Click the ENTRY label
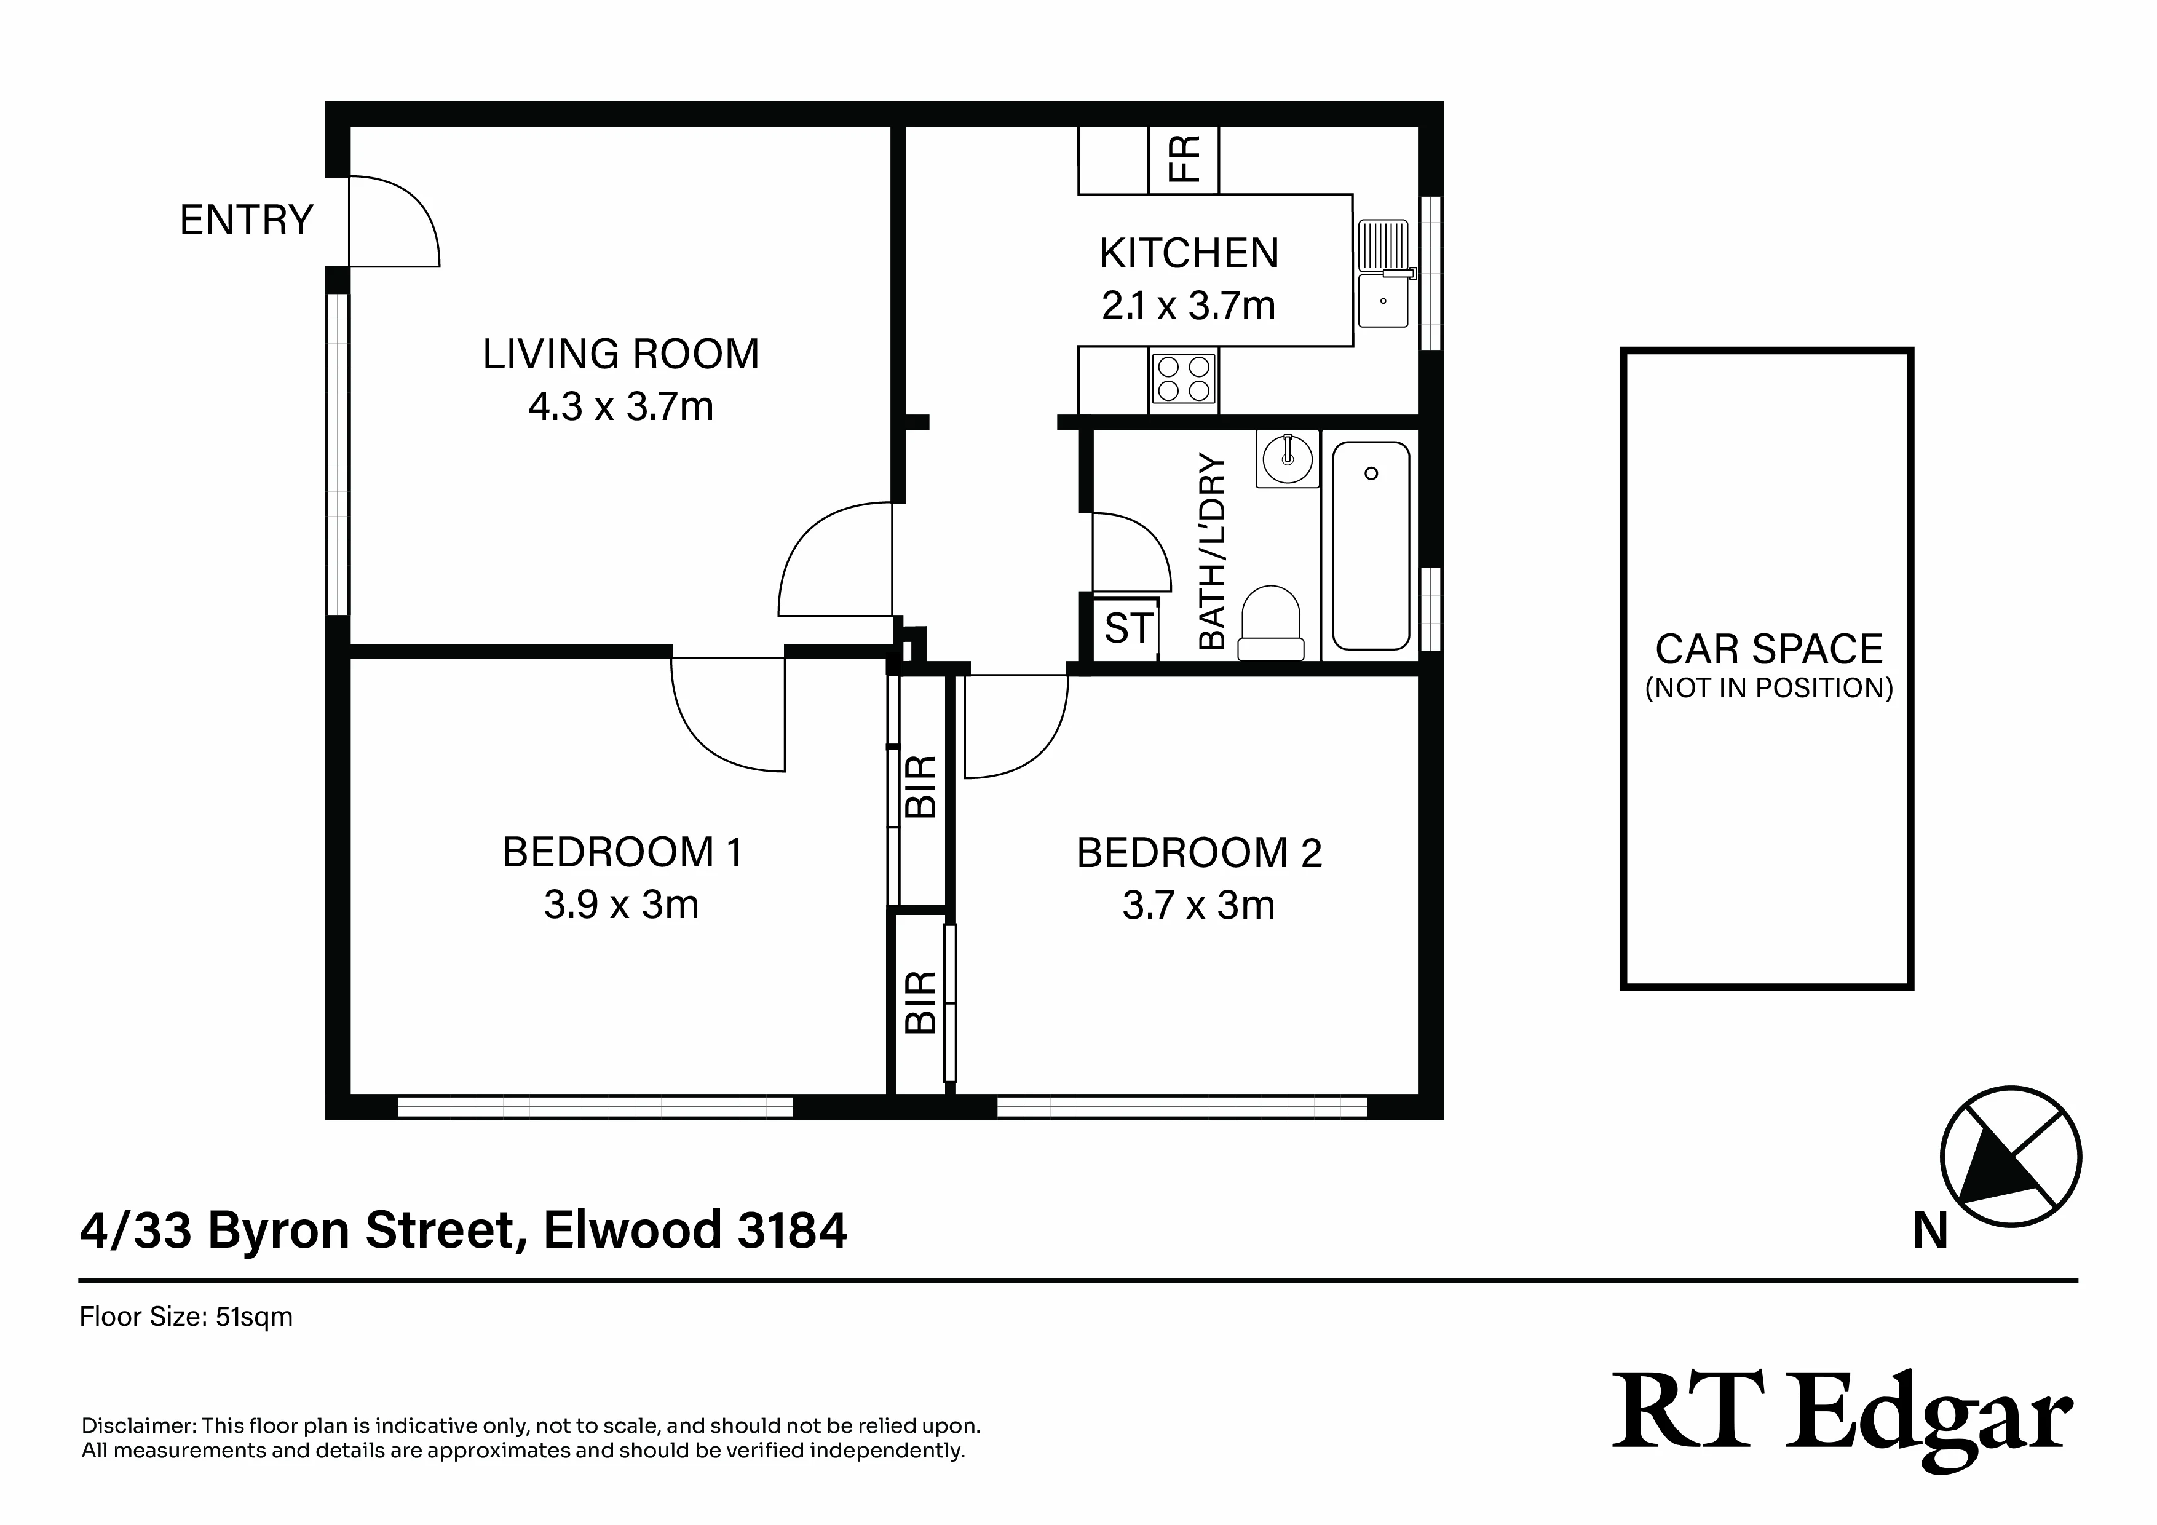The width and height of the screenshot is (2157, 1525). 246,221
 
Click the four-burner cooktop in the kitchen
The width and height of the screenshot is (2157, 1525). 1184,379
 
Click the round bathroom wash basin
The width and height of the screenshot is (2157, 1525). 1287,459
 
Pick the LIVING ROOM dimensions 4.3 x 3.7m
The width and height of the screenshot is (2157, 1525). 621,407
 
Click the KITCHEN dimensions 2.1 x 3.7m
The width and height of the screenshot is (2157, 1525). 1189,306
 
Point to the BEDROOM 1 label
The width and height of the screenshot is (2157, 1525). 623,853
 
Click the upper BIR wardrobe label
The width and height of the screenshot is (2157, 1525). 922,785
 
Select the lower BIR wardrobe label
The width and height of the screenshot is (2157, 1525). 922,1002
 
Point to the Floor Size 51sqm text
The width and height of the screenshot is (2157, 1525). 186,1317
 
